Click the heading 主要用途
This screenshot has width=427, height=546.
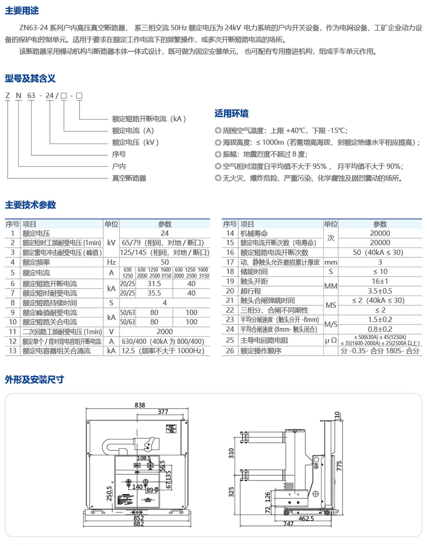point(22,11)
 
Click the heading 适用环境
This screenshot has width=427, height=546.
point(231,114)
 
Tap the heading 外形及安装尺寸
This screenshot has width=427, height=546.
point(34,380)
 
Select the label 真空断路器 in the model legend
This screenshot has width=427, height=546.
point(129,178)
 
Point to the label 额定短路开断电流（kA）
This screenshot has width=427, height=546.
point(149,119)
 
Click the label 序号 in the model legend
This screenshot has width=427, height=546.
point(119,154)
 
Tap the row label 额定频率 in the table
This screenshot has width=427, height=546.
point(36,262)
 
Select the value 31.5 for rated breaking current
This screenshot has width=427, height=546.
point(154,284)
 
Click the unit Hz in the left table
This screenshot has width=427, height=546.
point(111,262)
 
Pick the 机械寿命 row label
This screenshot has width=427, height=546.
point(254,234)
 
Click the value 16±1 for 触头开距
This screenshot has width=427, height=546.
point(380,281)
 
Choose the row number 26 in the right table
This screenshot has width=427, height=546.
point(230,351)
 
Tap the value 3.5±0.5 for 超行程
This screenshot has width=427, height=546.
point(380,291)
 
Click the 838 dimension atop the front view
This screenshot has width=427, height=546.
point(140,405)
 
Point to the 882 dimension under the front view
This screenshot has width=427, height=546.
point(139,524)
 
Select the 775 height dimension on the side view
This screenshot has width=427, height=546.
point(339,466)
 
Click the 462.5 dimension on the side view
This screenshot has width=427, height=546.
point(306,519)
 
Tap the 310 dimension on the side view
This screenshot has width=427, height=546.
point(231,453)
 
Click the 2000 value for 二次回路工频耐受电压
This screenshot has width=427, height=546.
point(165,332)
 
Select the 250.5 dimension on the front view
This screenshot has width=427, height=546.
point(109,493)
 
